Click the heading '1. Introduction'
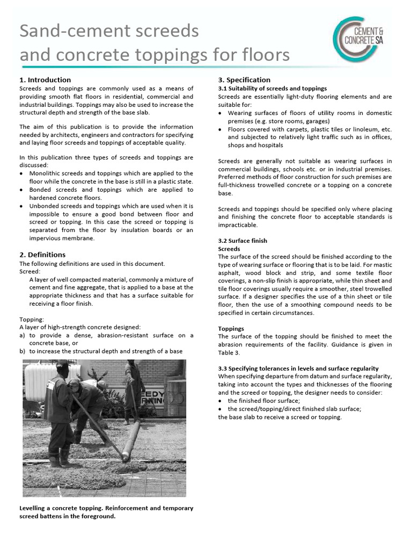[45, 79]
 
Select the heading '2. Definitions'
[42, 255]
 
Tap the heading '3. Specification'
[244, 79]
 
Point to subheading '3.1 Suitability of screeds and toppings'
[272, 88]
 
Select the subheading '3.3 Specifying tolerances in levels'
[298, 368]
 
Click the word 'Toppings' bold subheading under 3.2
[231, 328]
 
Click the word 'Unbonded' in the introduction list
[45, 206]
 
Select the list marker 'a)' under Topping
[22, 335]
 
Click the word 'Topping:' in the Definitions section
[32, 319]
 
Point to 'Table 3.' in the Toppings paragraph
[229, 353]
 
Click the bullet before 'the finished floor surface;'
[220, 401]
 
